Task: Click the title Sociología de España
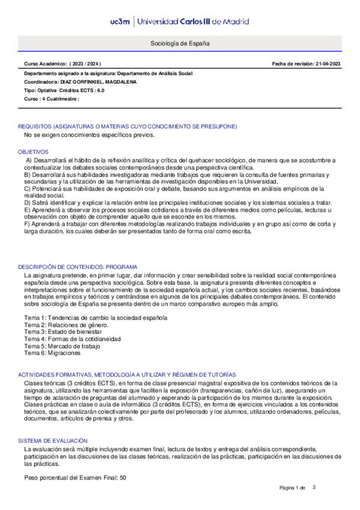click(x=180, y=44)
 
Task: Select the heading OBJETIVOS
click(x=33, y=152)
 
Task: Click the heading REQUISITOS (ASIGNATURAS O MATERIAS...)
click(x=127, y=126)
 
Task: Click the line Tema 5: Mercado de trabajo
click(x=63, y=346)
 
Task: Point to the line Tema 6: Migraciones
click(x=52, y=354)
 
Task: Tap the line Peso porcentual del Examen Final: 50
click(x=75, y=477)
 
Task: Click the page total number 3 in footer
click(x=314, y=487)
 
